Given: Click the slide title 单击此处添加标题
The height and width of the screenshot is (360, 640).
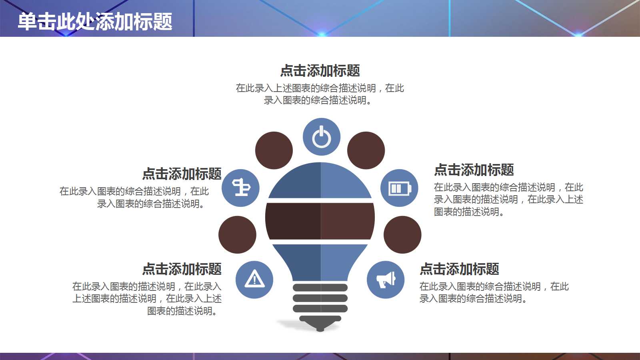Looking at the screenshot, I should tap(95, 22).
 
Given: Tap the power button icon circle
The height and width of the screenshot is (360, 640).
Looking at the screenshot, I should tap(321, 137).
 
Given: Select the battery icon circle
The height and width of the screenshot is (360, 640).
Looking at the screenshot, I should tap(399, 188).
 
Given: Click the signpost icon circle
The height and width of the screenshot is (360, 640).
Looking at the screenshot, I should tap(241, 188).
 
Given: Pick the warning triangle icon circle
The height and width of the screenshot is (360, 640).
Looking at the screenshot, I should tap(254, 280).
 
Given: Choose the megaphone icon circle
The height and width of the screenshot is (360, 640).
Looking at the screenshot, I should tap(386, 280).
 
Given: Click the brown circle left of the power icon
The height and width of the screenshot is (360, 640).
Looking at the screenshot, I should tap(274, 150).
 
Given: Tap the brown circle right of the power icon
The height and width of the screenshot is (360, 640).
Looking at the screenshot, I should tap(366, 150).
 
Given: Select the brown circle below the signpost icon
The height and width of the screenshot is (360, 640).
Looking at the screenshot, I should tap(237, 235).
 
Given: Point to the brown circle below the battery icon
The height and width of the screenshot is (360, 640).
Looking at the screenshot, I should tap(402, 235).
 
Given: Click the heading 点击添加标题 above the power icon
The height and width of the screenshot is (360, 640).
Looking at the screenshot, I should tap(320, 71).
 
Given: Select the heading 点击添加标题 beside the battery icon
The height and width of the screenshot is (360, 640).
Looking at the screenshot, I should tap(474, 170).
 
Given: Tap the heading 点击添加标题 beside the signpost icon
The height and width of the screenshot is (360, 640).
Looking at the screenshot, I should tap(182, 174).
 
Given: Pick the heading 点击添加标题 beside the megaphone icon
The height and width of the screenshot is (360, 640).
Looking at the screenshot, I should tap(460, 269).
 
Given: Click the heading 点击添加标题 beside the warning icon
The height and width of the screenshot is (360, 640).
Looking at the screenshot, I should tap(182, 269).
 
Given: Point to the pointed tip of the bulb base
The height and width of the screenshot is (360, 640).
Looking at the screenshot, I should tap(320, 330).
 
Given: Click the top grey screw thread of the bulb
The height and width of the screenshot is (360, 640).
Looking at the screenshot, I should tap(320, 287).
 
